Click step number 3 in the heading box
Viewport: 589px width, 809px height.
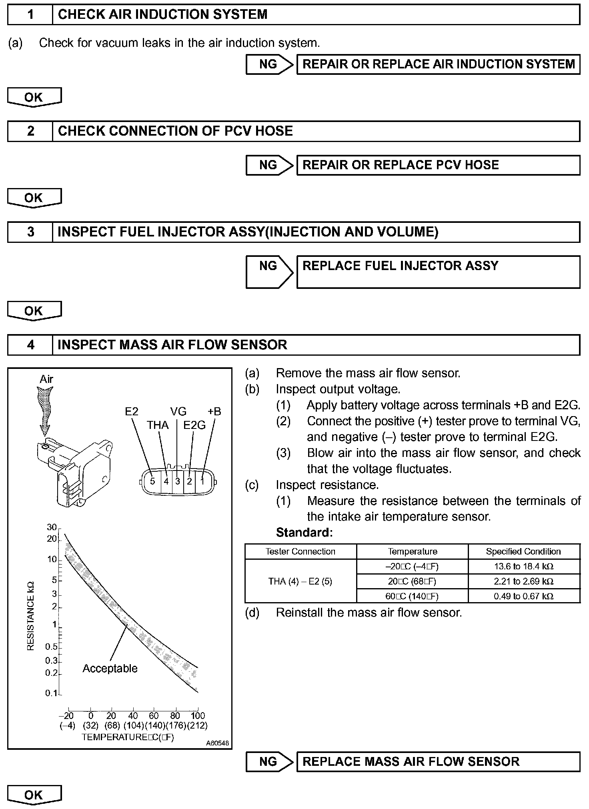click(30, 232)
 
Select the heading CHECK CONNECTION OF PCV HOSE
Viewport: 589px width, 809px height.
click(175, 131)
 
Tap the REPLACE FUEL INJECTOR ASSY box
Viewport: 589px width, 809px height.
click(438, 272)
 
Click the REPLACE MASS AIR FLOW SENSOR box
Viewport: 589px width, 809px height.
click(438, 761)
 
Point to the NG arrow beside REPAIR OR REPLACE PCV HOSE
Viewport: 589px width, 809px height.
click(269, 165)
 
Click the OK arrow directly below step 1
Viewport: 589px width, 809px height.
click(34, 97)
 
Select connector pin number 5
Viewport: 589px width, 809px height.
click(152, 481)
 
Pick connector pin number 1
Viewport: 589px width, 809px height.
click(202, 481)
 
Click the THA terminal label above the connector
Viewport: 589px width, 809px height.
click(158, 425)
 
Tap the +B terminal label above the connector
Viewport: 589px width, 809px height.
click(214, 411)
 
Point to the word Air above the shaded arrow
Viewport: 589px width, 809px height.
click(46, 379)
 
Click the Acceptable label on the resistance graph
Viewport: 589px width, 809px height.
click(110, 668)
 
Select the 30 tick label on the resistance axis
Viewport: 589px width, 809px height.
click(52, 527)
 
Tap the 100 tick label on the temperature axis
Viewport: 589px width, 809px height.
click(198, 715)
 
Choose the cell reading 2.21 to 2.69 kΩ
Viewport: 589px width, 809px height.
click(524, 581)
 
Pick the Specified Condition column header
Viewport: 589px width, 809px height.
click(524, 551)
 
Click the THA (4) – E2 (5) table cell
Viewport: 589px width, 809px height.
click(300, 581)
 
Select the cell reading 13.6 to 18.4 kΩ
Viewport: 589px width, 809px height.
click(524, 566)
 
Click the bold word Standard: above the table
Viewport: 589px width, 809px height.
click(305, 533)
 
